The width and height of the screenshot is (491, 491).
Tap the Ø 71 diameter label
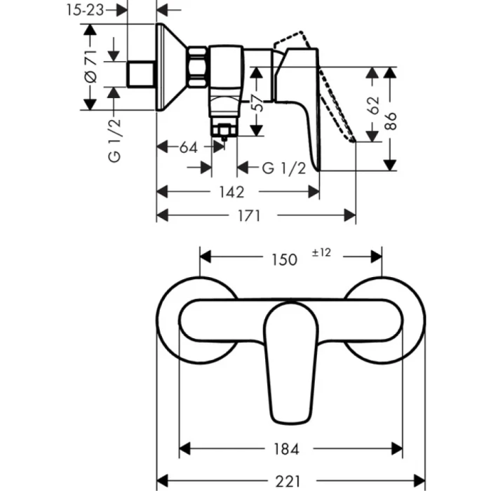(x=90, y=68)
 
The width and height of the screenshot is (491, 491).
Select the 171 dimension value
(x=249, y=216)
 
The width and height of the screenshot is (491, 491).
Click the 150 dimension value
(x=283, y=259)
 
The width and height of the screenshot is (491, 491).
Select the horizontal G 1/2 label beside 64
(x=283, y=168)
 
